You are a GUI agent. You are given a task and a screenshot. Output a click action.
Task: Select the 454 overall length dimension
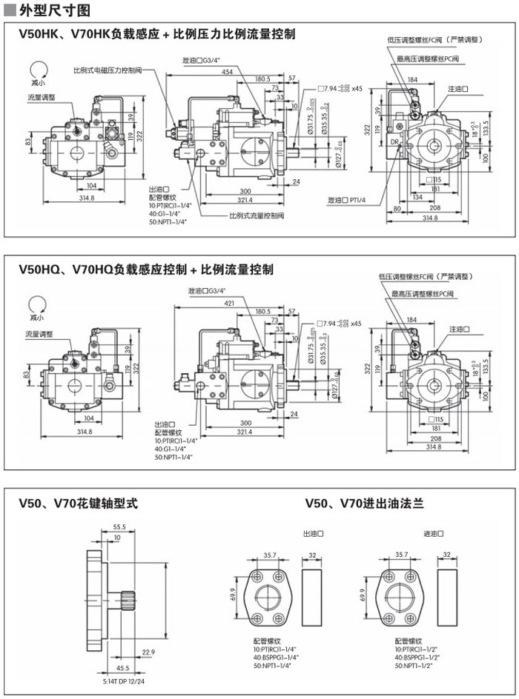[227, 71]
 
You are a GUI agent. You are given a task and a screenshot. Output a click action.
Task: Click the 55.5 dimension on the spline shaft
[119, 526]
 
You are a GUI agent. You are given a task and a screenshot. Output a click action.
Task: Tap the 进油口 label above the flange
[432, 533]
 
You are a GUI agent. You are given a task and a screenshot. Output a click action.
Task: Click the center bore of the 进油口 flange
[401, 596]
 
